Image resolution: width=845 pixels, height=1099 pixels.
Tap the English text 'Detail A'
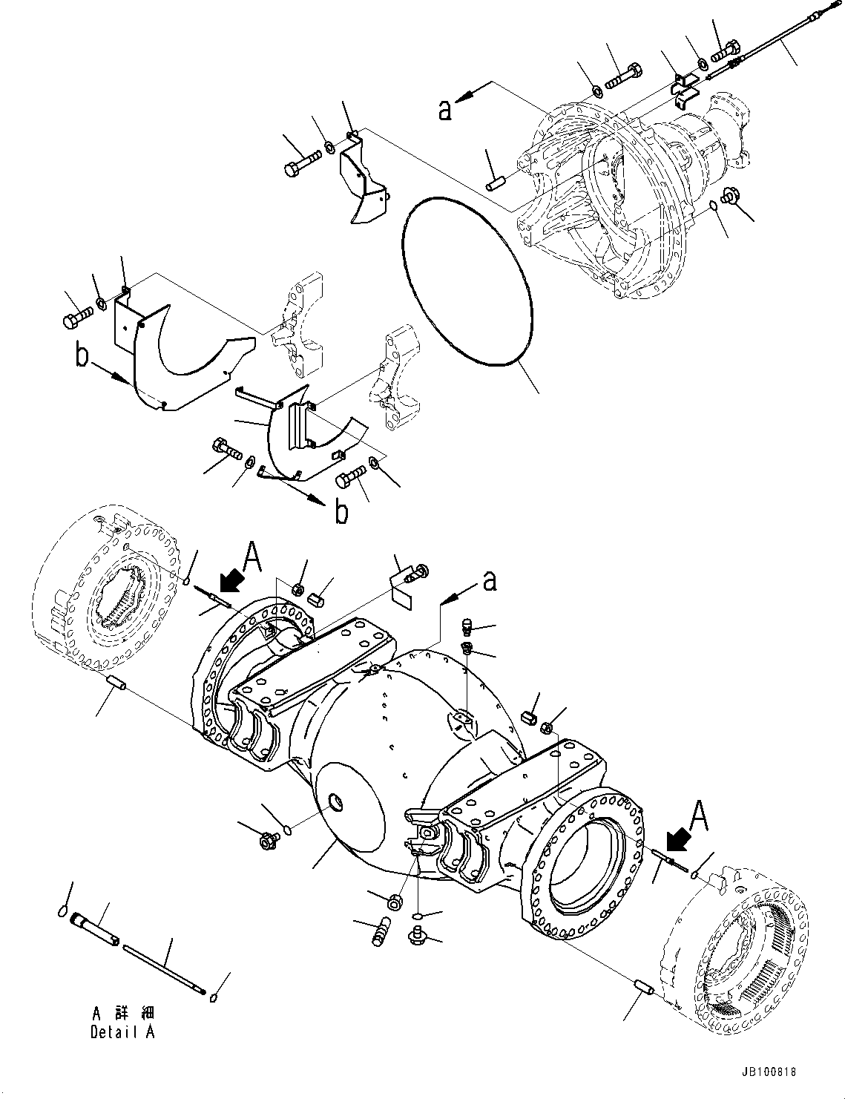(x=122, y=1032)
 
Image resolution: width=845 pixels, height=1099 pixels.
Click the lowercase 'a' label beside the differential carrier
(x=444, y=109)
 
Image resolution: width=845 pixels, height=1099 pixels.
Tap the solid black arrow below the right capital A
(x=677, y=841)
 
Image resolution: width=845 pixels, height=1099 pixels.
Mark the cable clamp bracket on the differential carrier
(x=686, y=85)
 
